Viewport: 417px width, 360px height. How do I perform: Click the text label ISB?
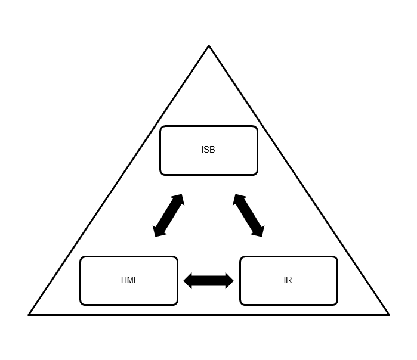click(x=208, y=150)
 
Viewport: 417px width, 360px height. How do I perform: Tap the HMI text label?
click(x=128, y=280)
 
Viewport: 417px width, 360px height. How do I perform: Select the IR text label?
click(x=288, y=280)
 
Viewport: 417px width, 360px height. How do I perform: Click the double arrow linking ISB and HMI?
click(x=168, y=215)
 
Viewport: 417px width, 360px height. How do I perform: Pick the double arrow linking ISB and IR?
click(x=248, y=215)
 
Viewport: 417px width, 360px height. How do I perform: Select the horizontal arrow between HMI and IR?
click(x=208, y=281)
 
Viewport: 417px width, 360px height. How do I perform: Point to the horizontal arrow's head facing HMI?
click(x=187, y=281)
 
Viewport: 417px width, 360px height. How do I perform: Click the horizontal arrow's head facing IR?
click(x=230, y=281)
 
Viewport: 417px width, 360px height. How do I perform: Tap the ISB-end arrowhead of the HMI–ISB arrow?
click(x=178, y=198)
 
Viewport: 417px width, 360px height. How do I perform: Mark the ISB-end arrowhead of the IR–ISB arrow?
click(x=238, y=198)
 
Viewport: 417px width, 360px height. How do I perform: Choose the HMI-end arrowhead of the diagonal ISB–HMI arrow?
click(x=158, y=232)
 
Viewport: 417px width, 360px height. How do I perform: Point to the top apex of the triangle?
click(x=209, y=46)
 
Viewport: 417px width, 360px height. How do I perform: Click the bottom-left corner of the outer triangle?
click(x=29, y=314)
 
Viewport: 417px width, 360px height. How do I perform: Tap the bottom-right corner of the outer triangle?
click(x=388, y=314)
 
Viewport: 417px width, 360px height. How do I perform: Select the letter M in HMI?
click(x=129, y=280)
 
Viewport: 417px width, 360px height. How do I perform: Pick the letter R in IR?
click(x=289, y=280)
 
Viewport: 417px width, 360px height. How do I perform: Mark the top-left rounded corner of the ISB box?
click(x=162, y=128)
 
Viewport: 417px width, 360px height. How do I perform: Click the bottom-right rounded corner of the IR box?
click(x=335, y=303)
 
